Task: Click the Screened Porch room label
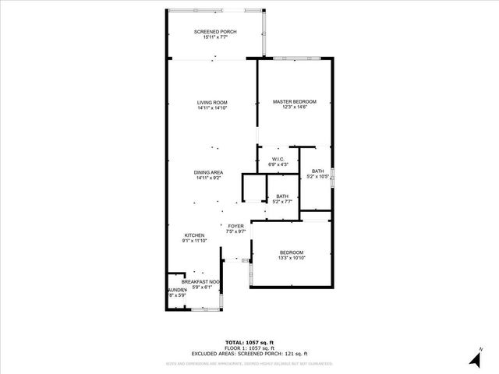coord(215,32)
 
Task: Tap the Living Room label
coord(212,103)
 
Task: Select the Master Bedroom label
coord(295,102)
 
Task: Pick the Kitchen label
coord(194,235)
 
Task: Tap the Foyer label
coord(236,226)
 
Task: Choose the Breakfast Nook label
coord(201,281)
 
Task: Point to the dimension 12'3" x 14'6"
coord(295,108)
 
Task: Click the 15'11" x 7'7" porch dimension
coord(215,37)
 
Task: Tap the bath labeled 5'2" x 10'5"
coord(317,176)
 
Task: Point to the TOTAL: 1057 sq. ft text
coord(249,342)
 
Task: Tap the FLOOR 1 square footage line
coord(249,348)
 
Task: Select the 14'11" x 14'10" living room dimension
coord(212,108)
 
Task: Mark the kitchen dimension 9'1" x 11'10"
coord(194,241)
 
